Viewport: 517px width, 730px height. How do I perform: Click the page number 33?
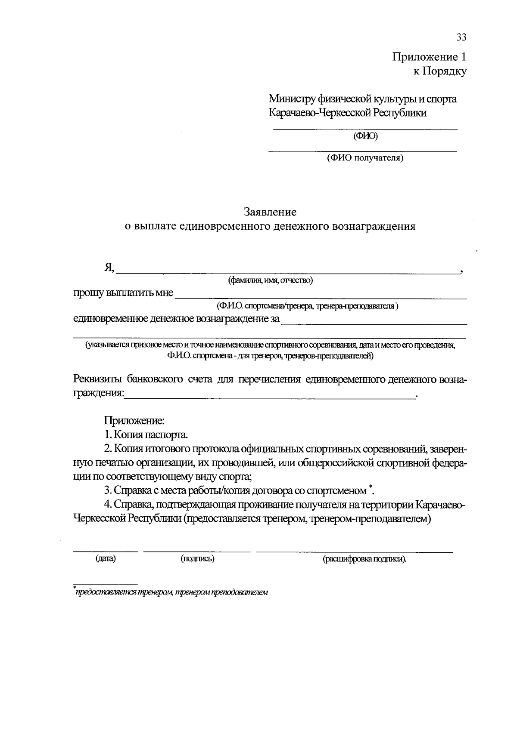(x=461, y=37)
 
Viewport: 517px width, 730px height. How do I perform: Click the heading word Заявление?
(x=270, y=212)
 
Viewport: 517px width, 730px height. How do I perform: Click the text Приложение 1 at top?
(x=429, y=57)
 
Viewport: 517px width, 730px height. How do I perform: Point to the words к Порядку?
(x=440, y=71)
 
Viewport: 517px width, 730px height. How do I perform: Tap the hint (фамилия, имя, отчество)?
(x=270, y=280)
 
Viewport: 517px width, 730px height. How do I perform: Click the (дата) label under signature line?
(x=106, y=559)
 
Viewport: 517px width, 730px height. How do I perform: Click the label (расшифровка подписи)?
(x=364, y=559)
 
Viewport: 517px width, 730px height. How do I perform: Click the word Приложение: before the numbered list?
(x=134, y=420)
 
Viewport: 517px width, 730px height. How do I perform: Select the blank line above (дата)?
(x=106, y=551)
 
